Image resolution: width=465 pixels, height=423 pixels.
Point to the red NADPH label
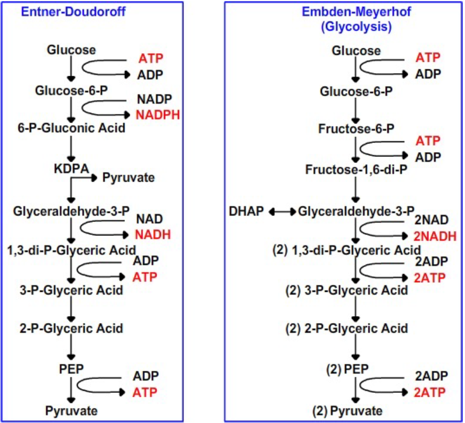[157, 114]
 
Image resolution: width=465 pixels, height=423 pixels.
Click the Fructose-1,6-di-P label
[356, 170]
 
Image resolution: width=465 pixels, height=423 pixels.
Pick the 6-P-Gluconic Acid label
[71, 128]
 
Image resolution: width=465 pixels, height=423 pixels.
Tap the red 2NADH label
[434, 235]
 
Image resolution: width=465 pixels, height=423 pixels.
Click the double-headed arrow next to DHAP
[282, 212]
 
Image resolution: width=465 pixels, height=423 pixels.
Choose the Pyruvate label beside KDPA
[128, 177]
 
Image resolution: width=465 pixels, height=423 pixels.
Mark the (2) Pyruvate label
[348, 412]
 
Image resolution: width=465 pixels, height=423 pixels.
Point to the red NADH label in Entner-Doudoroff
[153, 234]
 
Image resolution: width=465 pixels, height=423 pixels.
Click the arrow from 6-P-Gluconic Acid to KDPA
[71, 146]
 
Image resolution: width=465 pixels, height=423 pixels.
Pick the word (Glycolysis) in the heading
[356, 26]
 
